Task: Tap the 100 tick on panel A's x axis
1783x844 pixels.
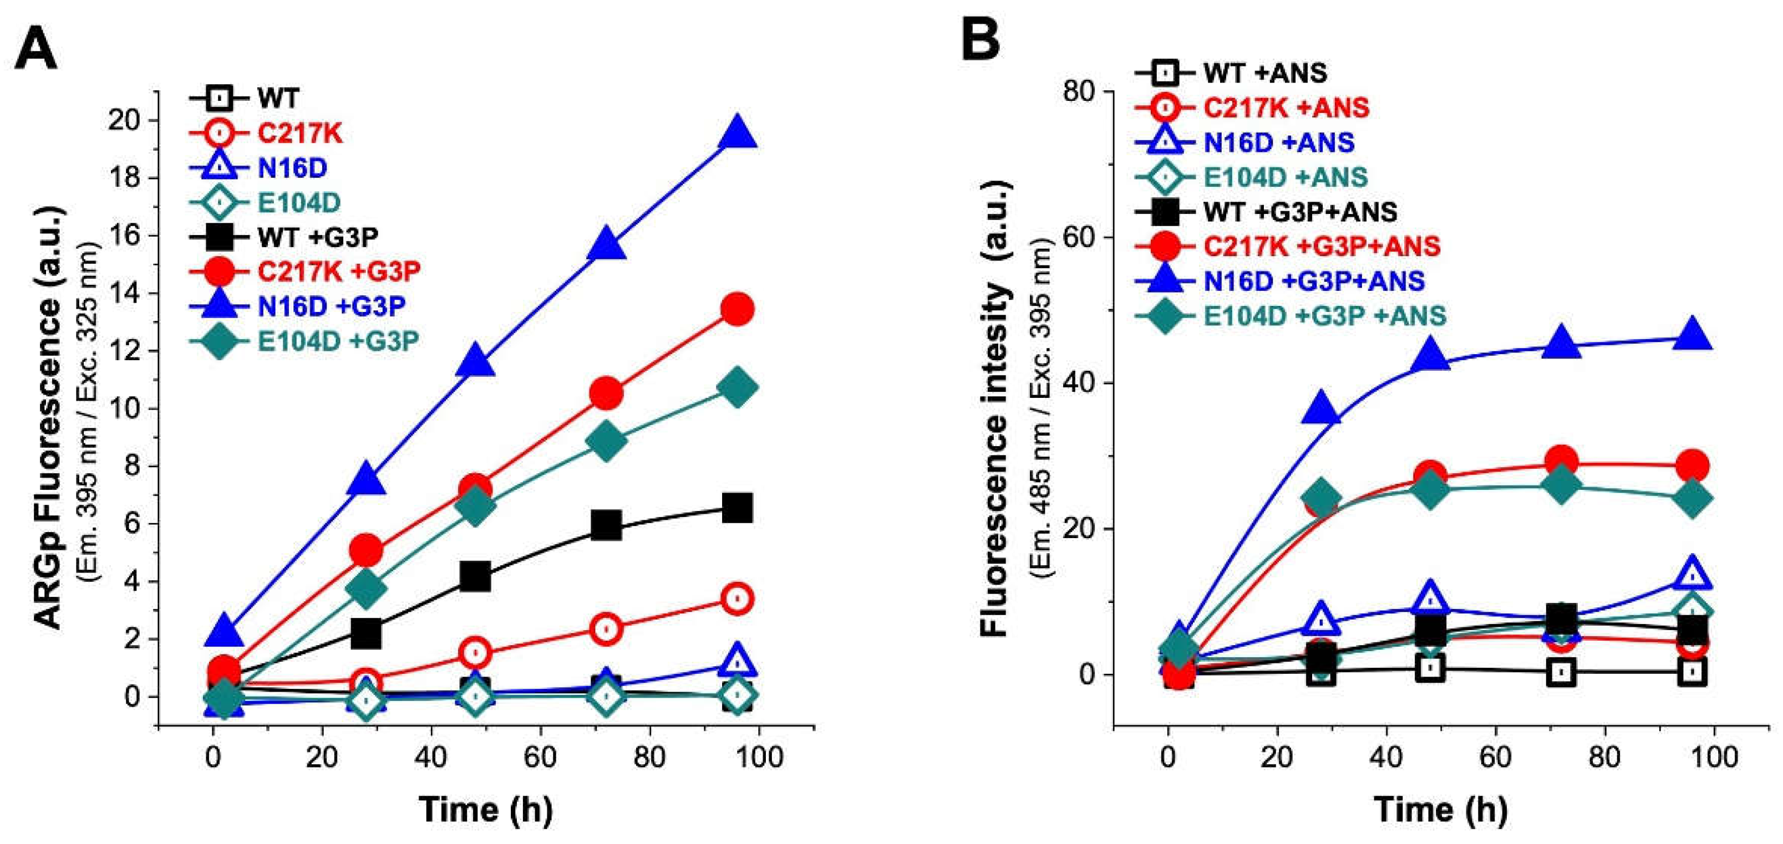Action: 759,758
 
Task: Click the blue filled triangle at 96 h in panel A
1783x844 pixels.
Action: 737,133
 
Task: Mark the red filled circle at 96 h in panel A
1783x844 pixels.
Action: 737,309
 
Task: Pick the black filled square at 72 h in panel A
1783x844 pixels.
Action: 606,526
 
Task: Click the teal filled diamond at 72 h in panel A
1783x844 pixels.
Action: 606,441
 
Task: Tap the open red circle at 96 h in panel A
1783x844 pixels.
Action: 737,599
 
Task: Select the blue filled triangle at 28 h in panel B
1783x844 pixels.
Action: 1320,408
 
